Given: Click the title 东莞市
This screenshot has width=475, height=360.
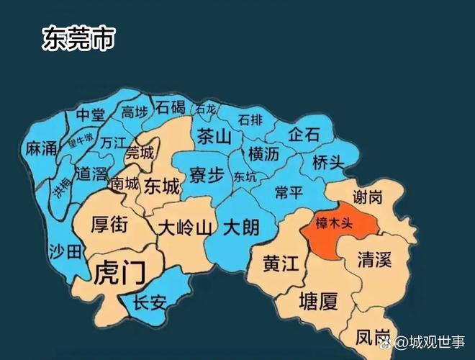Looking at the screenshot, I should pos(78,38).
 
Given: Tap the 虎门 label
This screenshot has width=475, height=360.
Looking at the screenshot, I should pos(119,273).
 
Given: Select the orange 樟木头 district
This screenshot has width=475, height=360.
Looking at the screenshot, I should pos(336,224).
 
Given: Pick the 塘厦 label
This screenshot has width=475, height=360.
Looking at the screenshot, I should pos(318,301).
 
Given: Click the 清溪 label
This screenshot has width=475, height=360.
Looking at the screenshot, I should pos(374,260).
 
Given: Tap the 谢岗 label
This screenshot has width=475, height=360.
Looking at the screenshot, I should pos(368,197).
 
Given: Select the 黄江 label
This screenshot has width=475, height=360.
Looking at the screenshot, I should pos(281,264).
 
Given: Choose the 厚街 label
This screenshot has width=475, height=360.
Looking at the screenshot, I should pos(110,225).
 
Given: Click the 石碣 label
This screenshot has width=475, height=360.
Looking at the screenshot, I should pos(171,107).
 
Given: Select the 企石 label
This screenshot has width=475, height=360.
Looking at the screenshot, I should pos(304,135).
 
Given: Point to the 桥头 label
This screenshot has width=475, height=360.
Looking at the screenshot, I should pos(329,163).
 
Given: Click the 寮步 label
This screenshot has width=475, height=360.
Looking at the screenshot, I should pos(207,175).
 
